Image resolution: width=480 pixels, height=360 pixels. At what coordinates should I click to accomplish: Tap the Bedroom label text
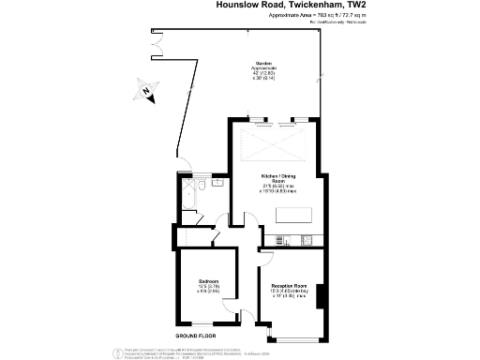[209, 280]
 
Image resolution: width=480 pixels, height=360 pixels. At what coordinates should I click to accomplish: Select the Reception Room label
[290, 285]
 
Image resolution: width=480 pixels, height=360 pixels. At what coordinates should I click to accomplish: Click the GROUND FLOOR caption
[195, 335]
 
